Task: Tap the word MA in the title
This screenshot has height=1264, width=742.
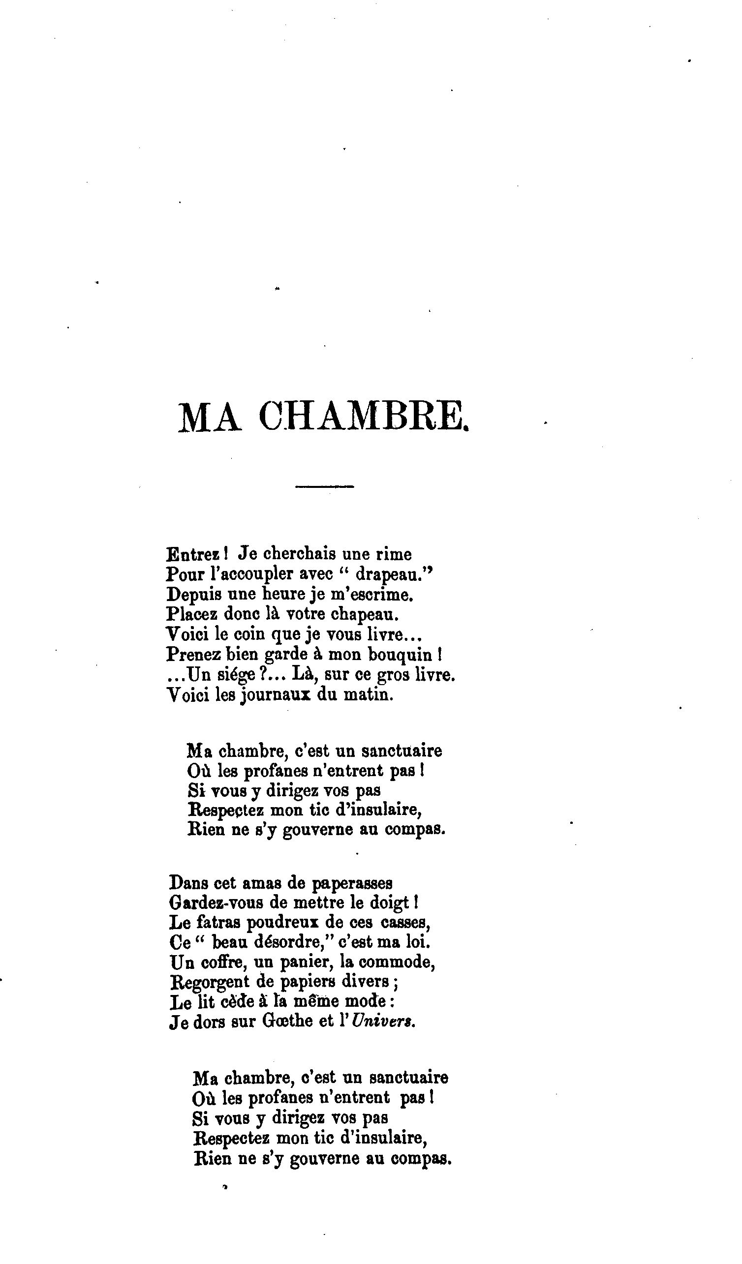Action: click(209, 418)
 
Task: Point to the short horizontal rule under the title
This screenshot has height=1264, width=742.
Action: click(325, 486)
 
